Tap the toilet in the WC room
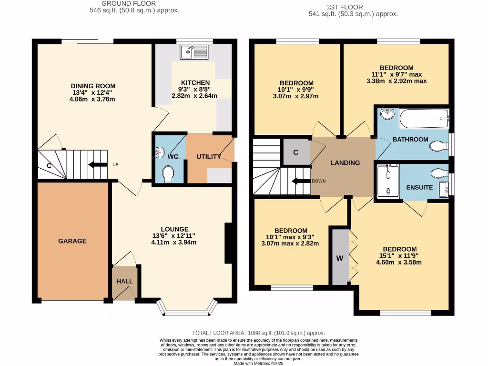[x=167, y=174]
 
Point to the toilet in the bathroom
[x=438, y=146]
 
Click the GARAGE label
[x=72, y=241]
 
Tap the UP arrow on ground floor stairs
[x=97, y=165]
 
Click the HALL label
[x=124, y=281]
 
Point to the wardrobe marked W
[x=340, y=258]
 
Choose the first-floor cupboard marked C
[x=296, y=152]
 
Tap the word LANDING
[x=346, y=163]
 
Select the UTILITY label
[x=209, y=157]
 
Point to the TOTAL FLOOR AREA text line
[x=258, y=333]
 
